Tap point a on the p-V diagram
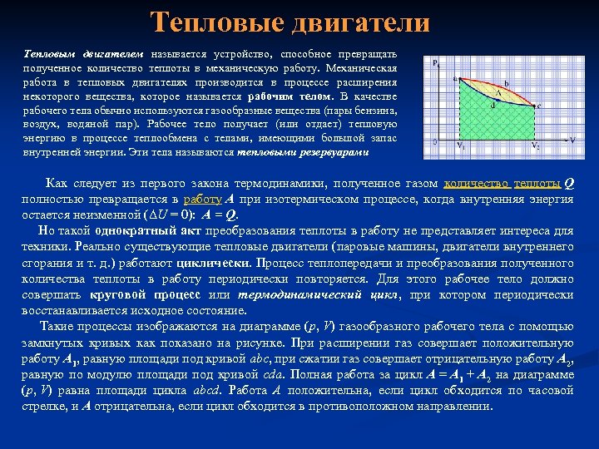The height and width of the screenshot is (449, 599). [x=455, y=79]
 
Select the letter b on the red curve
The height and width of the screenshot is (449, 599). [x=507, y=84]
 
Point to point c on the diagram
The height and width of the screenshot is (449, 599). [x=539, y=106]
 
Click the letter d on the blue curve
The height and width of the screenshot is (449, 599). [x=494, y=105]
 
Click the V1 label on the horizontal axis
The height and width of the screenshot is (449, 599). [x=460, y=144]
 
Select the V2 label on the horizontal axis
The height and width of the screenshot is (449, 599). [x=537, y=144]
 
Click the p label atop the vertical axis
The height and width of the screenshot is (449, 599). [x=435, y=62]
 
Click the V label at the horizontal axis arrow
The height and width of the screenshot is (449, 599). [x=573, y=140]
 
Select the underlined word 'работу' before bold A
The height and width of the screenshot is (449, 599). [x=202, y=200]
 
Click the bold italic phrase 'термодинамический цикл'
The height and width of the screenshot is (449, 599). [x=317, y=295]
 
